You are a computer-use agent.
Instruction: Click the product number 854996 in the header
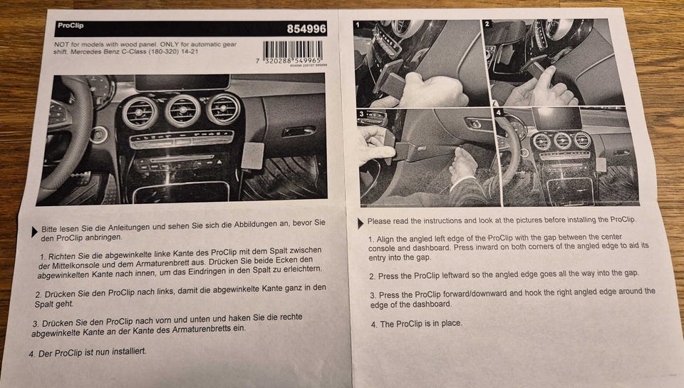coord(306,29)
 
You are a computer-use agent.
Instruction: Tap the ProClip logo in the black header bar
coord(71,25)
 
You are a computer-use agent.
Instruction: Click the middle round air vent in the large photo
coord(182,111)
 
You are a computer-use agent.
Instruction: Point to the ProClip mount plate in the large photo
coord(252,155)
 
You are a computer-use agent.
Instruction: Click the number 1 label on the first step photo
coord(358,24)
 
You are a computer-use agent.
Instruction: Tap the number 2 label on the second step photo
coord(487,24)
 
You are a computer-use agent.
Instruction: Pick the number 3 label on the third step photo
coord(361,114)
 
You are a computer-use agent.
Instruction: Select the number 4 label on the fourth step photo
coord(499,113)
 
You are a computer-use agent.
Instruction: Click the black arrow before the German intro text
coord(34,233)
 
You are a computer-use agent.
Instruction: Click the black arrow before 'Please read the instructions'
coord(361,223)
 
